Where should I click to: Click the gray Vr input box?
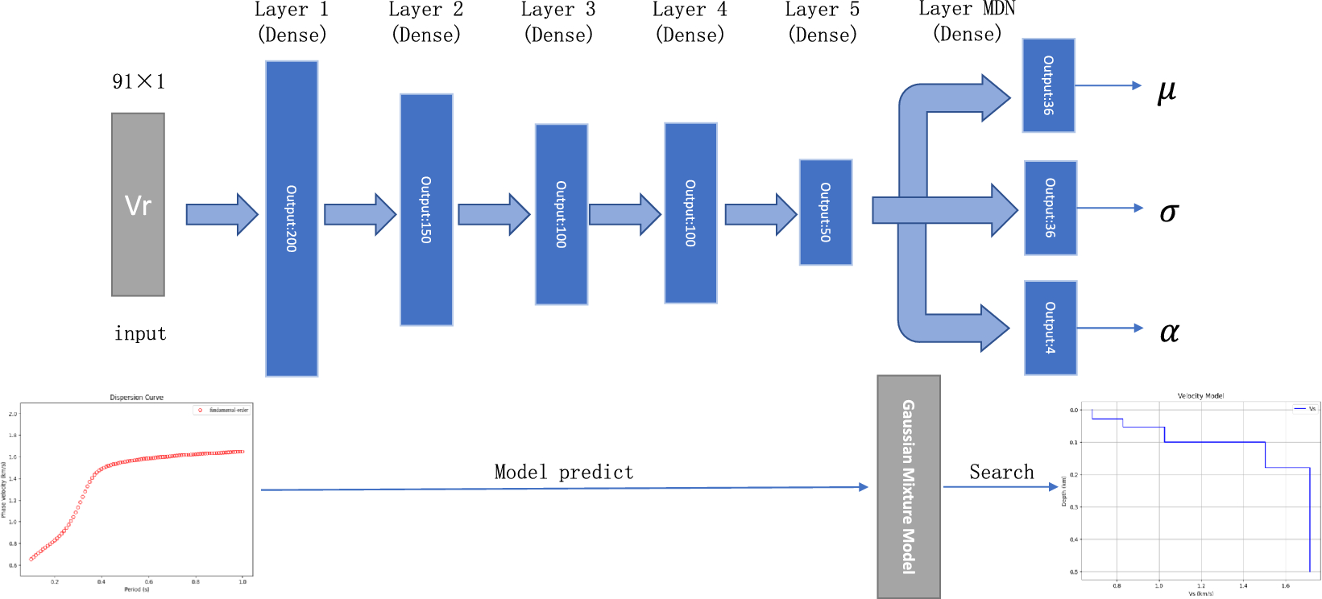click(x=138, y=204)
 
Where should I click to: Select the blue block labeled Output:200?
click(x=292, y=218)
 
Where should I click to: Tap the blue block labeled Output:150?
click(x=426, y=209)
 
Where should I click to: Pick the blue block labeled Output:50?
click(x=825, y=212)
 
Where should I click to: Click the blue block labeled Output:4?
click(x=1050, y=328)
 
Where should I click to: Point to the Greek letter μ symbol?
click(x=1167, y=90)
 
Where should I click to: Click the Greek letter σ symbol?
click(x=1168, y=212)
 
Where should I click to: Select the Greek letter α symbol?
click(x=1169, y=331)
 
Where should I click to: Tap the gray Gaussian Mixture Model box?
click(x=908, y=486)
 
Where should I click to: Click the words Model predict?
click(x=564, y=472)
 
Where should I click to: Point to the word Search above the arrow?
click(x=1001, y=472)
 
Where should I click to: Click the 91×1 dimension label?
click(x=139, y=81)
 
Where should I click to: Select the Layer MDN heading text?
click(x=967, y=10)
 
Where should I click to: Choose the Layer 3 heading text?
click(x=558, y=10)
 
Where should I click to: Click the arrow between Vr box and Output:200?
click(x=222, y=214)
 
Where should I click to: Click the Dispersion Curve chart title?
click(x=136, y=398)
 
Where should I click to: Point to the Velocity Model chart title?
click(x=1200, y=396)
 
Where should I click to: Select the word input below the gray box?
click(x=140, y=333)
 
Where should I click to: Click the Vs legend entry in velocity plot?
click(x=1305, y=409)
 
